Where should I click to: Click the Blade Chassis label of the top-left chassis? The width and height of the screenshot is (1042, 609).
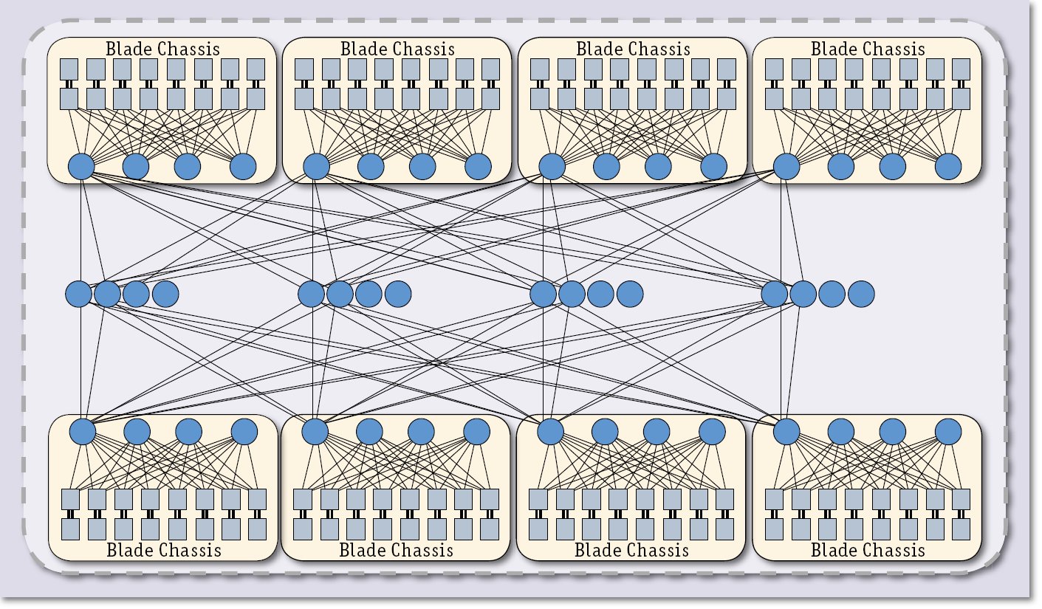click(162, 49)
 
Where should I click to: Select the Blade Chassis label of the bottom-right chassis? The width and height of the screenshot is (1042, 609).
click(868, 550)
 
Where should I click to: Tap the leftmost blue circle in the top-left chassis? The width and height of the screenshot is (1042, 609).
click(81, 167)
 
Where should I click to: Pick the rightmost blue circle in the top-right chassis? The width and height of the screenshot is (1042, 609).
click(948, 167)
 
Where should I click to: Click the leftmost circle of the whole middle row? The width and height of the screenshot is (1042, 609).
click(78, 294)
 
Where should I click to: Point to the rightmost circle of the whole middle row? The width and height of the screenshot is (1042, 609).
click(861, 294)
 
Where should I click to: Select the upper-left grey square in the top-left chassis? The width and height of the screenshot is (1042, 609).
click(69, 69)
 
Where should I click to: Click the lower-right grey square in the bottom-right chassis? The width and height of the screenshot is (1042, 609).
click(961, 529)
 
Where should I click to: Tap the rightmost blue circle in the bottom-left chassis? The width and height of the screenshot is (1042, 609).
click(244, 431)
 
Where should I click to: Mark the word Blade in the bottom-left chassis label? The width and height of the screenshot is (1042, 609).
click(130, 550)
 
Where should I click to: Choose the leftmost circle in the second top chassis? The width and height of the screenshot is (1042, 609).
click(316, 167)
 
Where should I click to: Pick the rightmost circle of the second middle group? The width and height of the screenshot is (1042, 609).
click(397, 294)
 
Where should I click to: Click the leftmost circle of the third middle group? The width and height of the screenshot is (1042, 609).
click(543, 294)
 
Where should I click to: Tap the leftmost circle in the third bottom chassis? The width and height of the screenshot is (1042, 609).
click(550, 431)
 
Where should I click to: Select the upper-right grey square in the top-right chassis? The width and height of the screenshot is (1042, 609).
click(961, 69)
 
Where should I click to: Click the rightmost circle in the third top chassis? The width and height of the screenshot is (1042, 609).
click(713, 167)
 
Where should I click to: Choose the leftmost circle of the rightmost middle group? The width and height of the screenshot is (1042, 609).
click(775, 294)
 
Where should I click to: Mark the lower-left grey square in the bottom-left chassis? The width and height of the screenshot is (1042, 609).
click(70, 529)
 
